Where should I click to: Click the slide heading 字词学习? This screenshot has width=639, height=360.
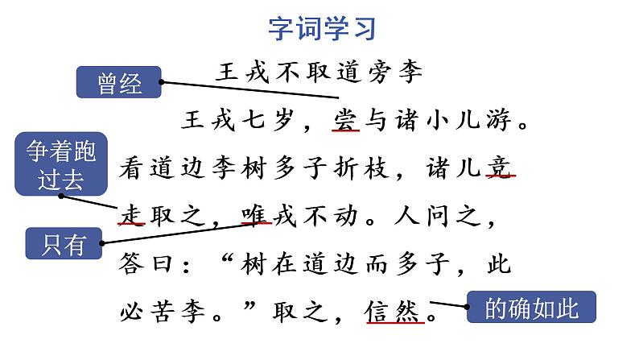(321, 29)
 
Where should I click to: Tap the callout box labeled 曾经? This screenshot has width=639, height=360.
(119, 83)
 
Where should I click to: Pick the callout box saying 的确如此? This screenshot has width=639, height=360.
(531, 308)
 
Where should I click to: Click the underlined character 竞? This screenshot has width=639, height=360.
(500, 168)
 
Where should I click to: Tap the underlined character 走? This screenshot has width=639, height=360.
(132, 216)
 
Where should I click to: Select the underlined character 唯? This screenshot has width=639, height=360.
(255, 216)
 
